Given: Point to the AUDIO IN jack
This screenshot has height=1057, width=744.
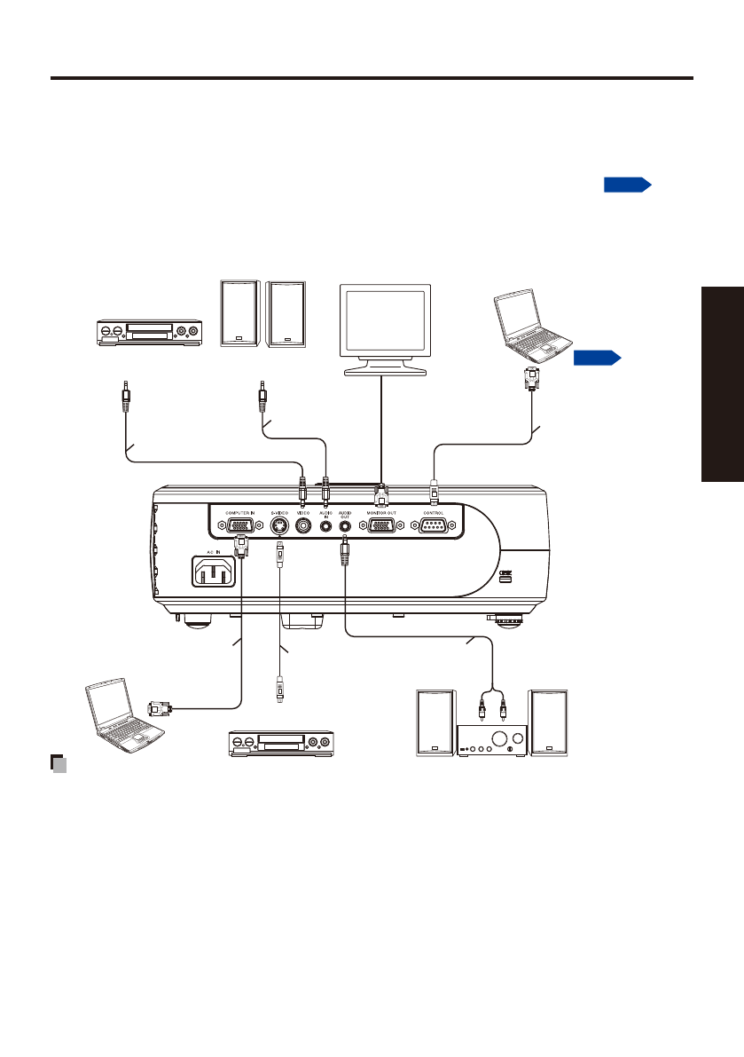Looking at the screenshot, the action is [325, 525].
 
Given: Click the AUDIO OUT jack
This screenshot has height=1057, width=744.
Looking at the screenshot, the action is [344, 525].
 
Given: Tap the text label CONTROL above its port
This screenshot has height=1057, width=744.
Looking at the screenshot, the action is [433, 512].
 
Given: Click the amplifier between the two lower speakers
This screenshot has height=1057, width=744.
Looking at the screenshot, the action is [490, 741].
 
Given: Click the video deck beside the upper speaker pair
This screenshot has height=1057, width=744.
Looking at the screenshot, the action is [148, 333].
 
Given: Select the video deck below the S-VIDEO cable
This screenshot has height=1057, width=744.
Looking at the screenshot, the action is [281, 742].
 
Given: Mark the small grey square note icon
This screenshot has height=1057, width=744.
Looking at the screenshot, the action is [59, 762].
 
